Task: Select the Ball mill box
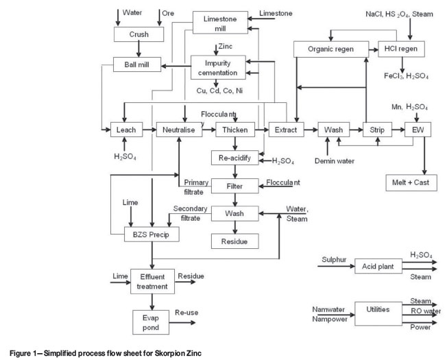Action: (138, 66)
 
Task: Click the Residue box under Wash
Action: (234, 241)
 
